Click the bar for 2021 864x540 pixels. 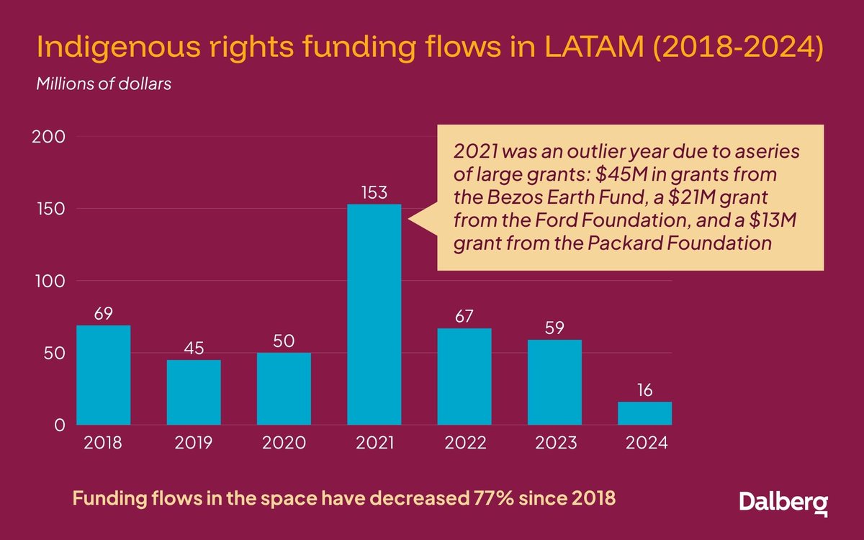click(x=374, y=315)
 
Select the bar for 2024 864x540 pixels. click(x=644, y=413)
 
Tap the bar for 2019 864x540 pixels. click(x=194, y=392)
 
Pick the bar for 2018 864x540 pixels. click(x=103, y=375)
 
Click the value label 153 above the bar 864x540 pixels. click(x=374, y=193)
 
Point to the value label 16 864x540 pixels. click(x=644, y=390)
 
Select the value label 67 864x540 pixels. click(x=464, y=317)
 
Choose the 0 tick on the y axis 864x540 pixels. click(x=60, y=425)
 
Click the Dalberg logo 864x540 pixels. click(x=783, y=502)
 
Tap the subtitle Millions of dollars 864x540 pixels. click(x=104, y=84)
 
